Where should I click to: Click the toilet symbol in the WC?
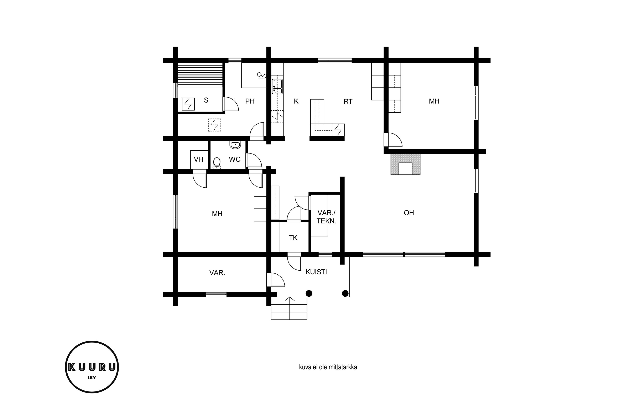(217, 163)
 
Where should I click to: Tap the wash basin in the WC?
(235, 145)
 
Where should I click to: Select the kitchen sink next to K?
(277, 86)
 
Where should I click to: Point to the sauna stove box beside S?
(188, 104)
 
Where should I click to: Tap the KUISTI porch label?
(316, 272)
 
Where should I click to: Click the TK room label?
(293, 238)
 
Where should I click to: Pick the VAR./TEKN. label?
(326, 217)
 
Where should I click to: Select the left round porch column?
(309, 293)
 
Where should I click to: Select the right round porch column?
(345, 293)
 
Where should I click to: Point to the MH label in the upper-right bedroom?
(434, 101)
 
